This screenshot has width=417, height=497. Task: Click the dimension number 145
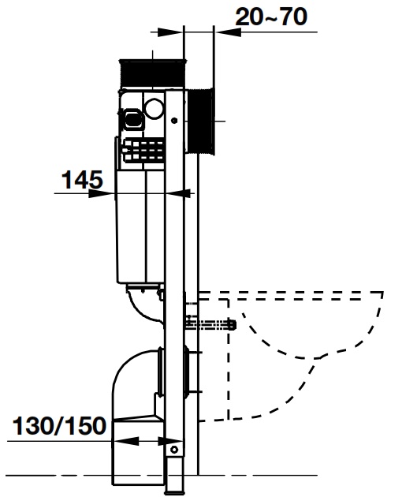82,181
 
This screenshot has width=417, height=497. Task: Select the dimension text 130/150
59,427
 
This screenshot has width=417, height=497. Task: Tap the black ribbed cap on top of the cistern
151,73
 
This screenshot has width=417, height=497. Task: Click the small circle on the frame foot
175,450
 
